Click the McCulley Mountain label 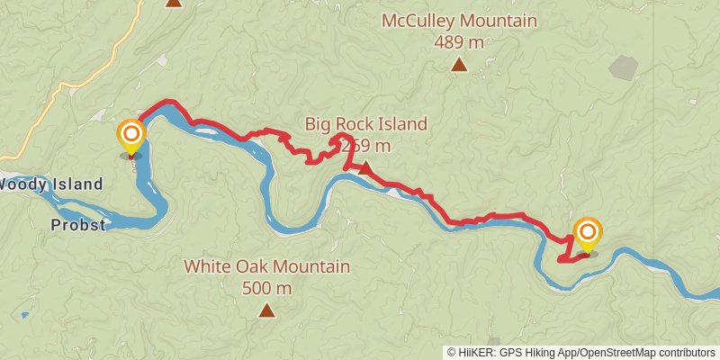(459, 21)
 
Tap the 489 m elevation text (459, 41)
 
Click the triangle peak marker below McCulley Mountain (459, 64)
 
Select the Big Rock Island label (365, 124)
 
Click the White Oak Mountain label (267, 267)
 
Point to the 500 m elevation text (267, 288)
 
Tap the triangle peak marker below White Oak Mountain (266, 310)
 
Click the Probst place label (77, 225)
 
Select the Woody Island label (50, 184)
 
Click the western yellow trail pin (131, 138)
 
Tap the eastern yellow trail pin (588, 235)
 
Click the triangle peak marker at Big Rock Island (365, 167)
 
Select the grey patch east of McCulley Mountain (623, 67)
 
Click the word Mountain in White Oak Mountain (310, 267)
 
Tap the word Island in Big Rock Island (401, 124)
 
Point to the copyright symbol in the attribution (452, 353)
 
